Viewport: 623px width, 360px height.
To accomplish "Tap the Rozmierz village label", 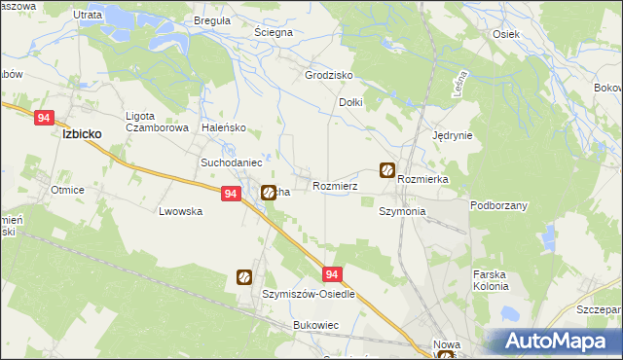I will click(336, 186).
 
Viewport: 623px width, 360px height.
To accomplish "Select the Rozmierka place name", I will click(422, 180).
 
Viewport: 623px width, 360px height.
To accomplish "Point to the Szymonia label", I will click(402, 211).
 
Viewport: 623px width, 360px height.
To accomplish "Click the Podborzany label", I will click(497, 205).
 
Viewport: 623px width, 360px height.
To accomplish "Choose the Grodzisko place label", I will click(328, 75).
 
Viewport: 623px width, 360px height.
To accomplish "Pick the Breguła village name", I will click(211, 19).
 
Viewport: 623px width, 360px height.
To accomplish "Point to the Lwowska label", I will click(180, 210).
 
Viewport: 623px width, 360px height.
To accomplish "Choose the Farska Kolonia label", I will click(491, 280).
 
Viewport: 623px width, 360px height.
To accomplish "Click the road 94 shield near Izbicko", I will click(43, 117).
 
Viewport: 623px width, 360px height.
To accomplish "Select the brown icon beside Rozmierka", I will click(386, 171).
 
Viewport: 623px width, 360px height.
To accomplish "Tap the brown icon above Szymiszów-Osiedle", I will click(243, 278).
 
